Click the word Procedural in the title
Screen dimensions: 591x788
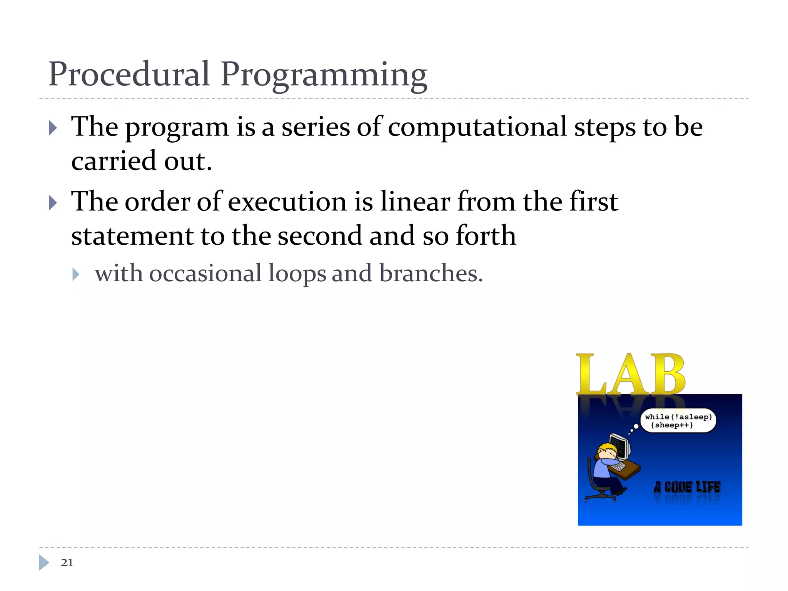pos(129,74)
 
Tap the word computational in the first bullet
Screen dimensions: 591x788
pos(477,127)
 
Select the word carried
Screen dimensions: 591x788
pos(114,161)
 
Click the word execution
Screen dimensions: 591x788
pos(287,202)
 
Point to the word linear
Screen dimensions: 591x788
pos(415,202)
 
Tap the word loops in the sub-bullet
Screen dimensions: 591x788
pos(297,274)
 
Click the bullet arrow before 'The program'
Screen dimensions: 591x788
pos(53,128)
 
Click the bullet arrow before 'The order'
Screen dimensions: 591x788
pos(53,203)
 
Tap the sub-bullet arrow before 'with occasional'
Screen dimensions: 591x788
pos(76,274)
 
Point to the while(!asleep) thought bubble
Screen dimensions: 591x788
pos(678,421)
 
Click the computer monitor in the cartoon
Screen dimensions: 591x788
pos(620,446)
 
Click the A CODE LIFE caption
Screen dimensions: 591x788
pos(687,487)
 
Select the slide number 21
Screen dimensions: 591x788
pos(67,563)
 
